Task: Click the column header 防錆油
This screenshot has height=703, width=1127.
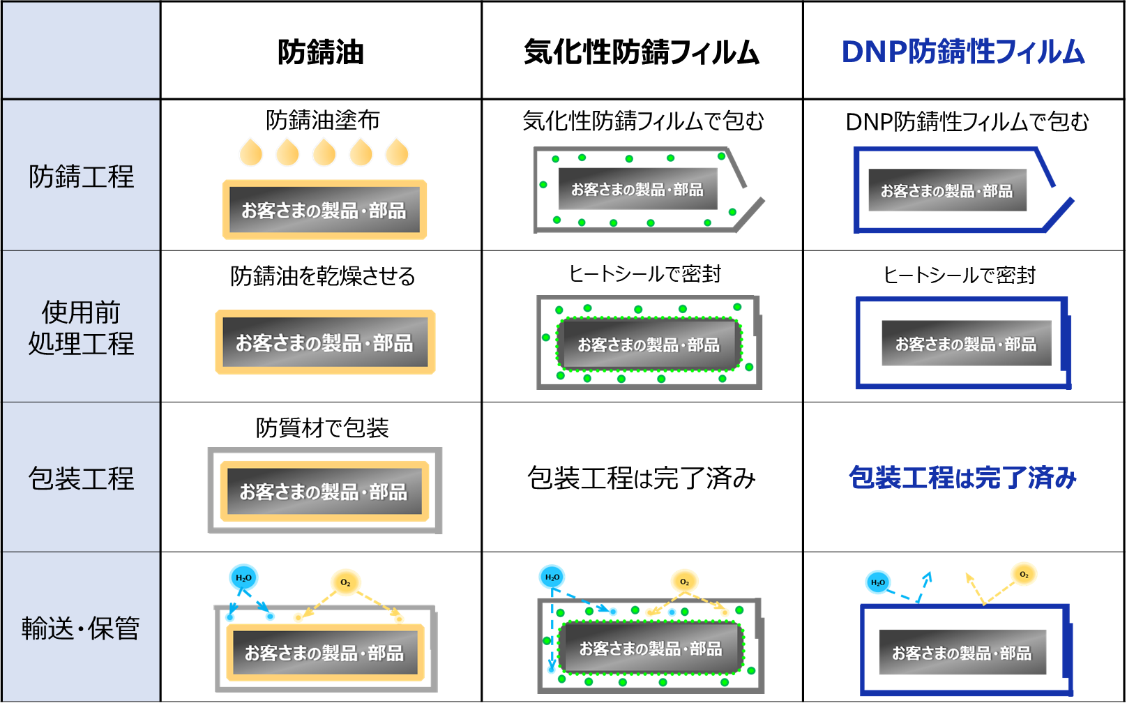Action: pyautogui.click(x=321, y=52)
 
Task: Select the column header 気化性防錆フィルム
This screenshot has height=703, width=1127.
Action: pyautogui.click(x=642, y=52)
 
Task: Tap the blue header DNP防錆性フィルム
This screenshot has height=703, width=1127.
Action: pyautogui.click(x=963, y=52)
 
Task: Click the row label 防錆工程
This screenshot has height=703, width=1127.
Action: pyautogui.click(x=81, y=176)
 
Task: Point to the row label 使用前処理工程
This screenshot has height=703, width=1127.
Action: pyautogui.click(x=81, y=328)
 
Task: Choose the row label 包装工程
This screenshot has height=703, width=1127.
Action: pyautogui.click(x=81, y=478)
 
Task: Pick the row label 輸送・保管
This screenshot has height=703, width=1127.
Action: pyautogui.click(x=81, y=628)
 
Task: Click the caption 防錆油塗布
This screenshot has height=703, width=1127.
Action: pyautogui.click(x=322, y=120)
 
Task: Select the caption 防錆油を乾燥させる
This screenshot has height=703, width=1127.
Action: pyautogui.click(x=322, y=276)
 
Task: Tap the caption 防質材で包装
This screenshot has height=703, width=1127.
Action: pyautogui.click(x=322, y=428)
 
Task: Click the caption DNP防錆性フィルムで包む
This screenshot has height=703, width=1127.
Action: pyautogui.click(x=967, y=121)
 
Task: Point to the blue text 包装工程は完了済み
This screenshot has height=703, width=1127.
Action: pyautogui.click(x=962, y=478)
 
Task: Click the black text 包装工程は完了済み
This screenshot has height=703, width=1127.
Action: pyautogui.click(x=642, y=478)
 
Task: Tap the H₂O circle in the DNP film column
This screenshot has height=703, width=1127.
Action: pyautogui.click(x=877, y=582)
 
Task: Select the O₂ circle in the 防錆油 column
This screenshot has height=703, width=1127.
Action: pyautogui.click(x=345, y=582)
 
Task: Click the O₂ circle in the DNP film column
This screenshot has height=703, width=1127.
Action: pyautogui.click(x=1024, y=575)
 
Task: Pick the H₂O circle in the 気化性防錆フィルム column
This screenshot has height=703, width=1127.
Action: pyautogui.click(x=552, y=577)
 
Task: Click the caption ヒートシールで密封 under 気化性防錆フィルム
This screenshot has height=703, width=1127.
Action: pyautogui.click(x=645, y=274)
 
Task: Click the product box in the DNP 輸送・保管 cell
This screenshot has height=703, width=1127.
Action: pyautogui.click(x=962, y=653)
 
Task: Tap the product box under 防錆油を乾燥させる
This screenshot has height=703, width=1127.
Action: pyautogui.click(x=324, y=342)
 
